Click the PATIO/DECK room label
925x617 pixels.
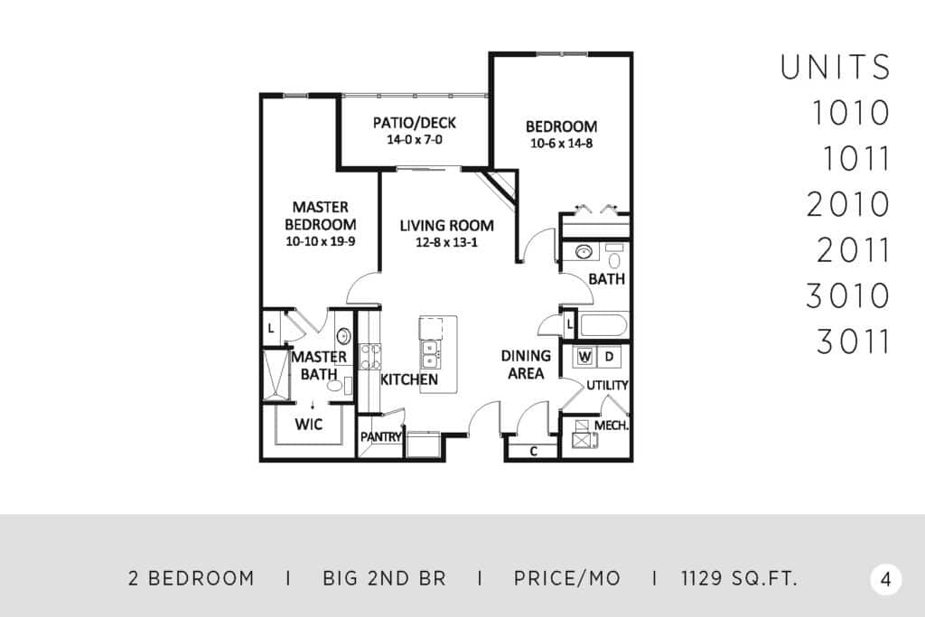pyautogui.click(x=414, y=123)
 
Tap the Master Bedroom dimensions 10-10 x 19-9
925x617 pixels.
pyautogui.click(x=321, y=241)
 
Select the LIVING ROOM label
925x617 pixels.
pyautogui.click(x=446, y=225)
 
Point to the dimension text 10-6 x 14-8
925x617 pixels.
pyautogui.click(x=561, y=143)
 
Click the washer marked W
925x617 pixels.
pyautogui.click(x=584, y=357)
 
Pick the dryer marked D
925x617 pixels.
pyautogui.click(x=610, y=357)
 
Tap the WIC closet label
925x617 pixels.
pyautogui.click(x=309, y=424)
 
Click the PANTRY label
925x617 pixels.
pyautogui.click(x=381, y=437)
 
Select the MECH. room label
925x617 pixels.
pyautogui.click(x=612, y=425)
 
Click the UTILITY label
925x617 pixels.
pyautogui.click(x=607, y=385)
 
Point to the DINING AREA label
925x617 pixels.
pyautogui.click(x=526, y=365)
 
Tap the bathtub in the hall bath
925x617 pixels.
pyautogui.click(x=603, y=325)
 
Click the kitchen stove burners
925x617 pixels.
pyautogui.click(x=370, y=356)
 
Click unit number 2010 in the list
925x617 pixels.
pyautogui.click(x=847, y=204)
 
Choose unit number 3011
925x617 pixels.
pyautogui.click(x=853, y=341)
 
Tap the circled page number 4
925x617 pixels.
pyautogui.click(x=885, y=579)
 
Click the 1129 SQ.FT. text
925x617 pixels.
pyautogui.click(x=739, y=579)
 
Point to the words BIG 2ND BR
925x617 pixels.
pyautogui.click(x=384, y=579)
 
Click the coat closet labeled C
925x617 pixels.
pyautogui.click(x=533, y=452)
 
